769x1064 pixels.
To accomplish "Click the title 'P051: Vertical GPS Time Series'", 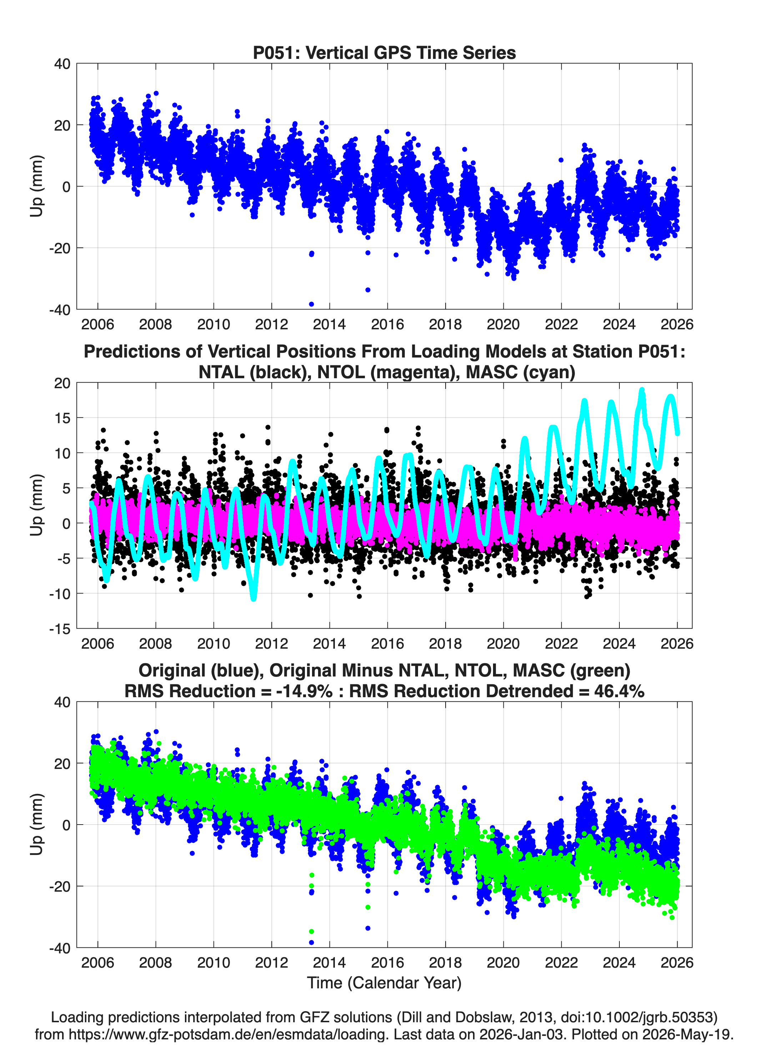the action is [x=384, y=52].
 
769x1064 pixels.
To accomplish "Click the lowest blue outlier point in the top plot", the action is [x=311, y=304].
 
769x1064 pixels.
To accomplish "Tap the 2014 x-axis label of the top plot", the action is [x=329, y=324].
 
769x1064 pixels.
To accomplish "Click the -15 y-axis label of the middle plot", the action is [x=60, y=629].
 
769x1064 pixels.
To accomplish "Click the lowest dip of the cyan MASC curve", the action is [x=253, y=598].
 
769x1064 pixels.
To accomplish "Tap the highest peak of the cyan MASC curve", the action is [x=642, y=390].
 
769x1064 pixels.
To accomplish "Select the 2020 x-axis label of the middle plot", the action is [x=503, y=644].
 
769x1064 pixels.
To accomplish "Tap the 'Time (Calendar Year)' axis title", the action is [x=384, y=983].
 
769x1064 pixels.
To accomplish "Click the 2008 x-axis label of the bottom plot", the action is [x=155, y=963].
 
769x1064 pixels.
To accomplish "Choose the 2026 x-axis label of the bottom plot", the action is [x=677, y=963].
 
